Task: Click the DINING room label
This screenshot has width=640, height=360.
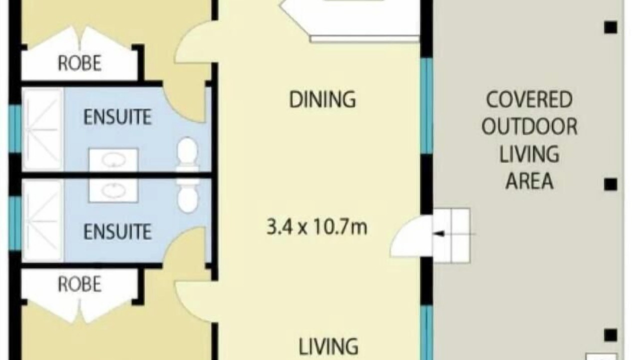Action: [322, 99]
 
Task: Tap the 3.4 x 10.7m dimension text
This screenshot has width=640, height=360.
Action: [316, 227]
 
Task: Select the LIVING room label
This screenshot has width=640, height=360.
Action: [328, 346]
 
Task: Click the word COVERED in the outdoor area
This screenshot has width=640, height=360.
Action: [529, 99]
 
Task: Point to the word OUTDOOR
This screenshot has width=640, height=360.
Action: [529, 126]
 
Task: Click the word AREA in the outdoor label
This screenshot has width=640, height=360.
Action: [529, 181]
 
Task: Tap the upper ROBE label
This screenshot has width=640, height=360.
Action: [79, 63]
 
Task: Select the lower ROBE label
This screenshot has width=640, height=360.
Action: [79, 284]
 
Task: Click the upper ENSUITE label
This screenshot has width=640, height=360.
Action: [117, 116]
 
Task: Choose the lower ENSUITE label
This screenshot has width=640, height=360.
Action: [117, 231]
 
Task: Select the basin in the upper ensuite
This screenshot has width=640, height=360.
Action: [113, 160]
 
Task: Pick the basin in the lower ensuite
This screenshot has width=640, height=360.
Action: [113, 190]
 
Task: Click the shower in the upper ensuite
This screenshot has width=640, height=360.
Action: [43, 129]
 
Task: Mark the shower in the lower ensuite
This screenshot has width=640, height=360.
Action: [43, 220]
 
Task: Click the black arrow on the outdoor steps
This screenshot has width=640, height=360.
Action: [439, 234]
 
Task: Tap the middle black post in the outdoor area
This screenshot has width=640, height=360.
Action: [610, 184]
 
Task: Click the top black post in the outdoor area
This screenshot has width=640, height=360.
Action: [610, 27]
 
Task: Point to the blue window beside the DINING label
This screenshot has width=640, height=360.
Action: [426, 105]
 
